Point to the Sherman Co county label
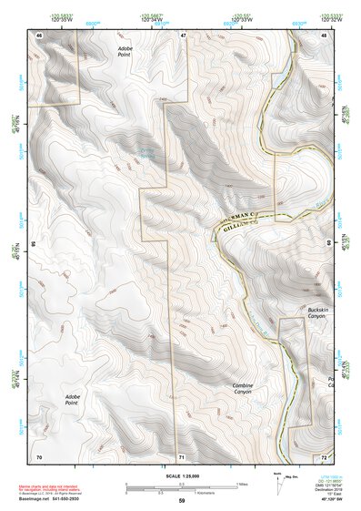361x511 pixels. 246,211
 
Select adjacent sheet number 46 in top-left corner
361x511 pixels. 39,35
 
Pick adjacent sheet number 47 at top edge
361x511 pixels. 182,35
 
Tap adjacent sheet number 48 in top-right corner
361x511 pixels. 324,35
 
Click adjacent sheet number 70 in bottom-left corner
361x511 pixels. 39,455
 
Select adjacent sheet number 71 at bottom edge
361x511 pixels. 182,455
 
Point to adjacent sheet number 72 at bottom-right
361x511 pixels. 324,455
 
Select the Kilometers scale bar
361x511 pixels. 181,492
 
